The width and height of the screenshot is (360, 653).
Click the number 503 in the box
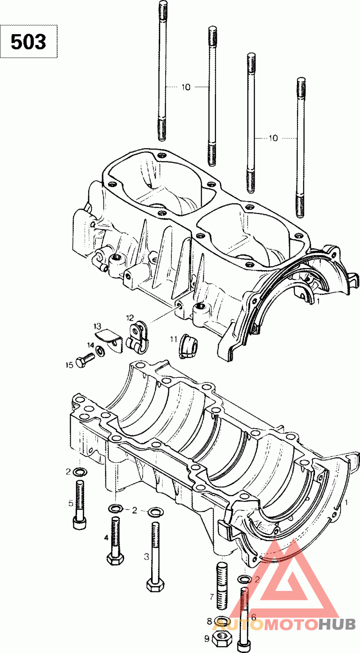[x=29, y=41]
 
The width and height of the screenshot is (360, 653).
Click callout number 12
[x=130, y=317]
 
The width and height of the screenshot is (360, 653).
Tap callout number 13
[x=97, y=326]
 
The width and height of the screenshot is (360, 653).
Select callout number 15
[x=69, y=365]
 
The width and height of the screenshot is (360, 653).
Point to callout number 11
[x=174, y=339]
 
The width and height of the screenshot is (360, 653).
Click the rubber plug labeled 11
[x=188, y=345]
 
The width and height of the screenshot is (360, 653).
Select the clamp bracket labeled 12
[x=137, y=337]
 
